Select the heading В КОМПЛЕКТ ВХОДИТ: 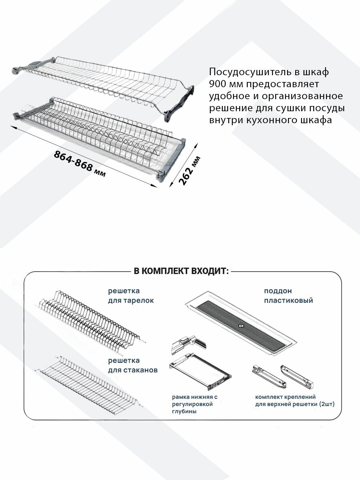[x=181, y=271]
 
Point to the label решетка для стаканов [x=132, y=366]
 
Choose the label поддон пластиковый [x=288, y=296]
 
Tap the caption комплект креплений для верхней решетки [x=295, y=400]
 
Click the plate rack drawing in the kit [x=90, y=322]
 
